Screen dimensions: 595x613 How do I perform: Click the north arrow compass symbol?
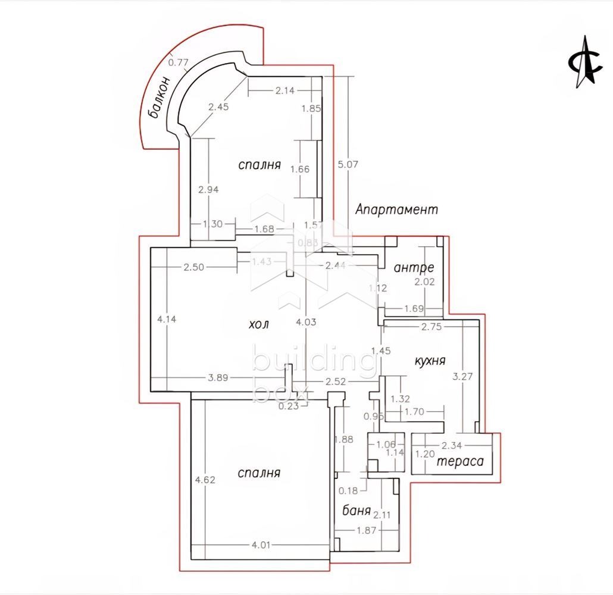[x=582, y=62]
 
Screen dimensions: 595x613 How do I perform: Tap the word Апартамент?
[x=396, y=209]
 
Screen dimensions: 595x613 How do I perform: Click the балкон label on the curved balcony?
[x=159, y=97]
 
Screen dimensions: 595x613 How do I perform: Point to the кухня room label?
[x=430, y=361]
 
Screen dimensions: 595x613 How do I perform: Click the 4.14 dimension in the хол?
[x=167, y=319]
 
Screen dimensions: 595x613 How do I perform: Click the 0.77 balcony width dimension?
[x=178, y=61]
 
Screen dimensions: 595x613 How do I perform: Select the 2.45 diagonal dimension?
[x=219, y=107]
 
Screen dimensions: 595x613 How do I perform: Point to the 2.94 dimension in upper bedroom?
[x=209, y=190]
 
